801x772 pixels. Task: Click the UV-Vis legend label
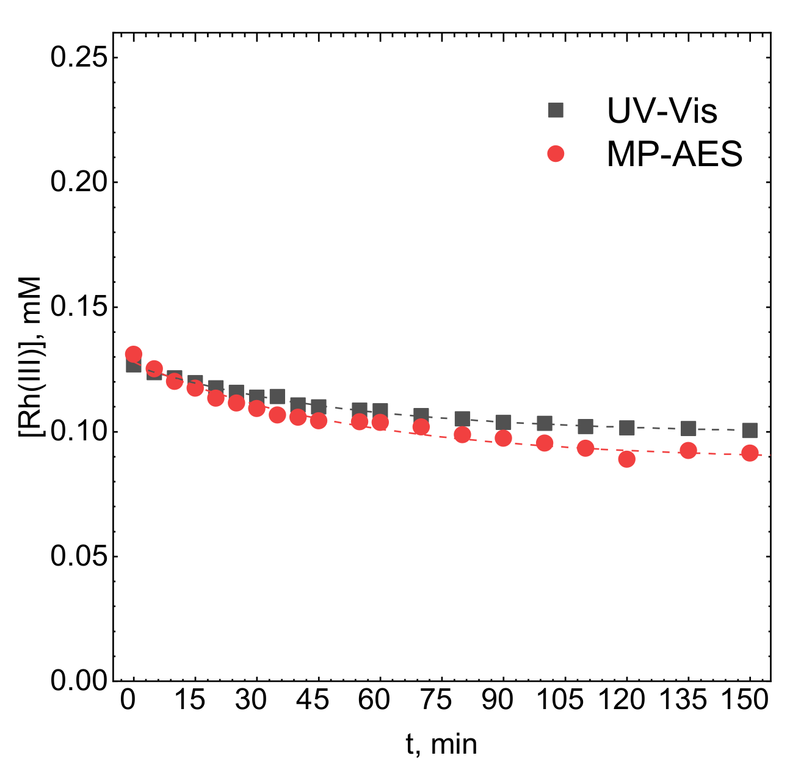pos(662,111)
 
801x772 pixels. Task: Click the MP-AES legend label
pos(674,155)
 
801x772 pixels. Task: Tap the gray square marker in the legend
pos(556,110)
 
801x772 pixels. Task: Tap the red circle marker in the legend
pos(556,154)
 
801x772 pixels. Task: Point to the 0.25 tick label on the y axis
pos(78,57)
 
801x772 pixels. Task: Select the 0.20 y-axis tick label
pos(78,182)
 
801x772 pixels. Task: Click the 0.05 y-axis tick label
pos(78,556)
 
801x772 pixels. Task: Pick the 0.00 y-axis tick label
pos(78,680)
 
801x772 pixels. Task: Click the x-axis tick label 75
pos(436,700)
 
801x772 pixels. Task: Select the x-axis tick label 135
pos(683,700)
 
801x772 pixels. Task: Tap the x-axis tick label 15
pos(189,700)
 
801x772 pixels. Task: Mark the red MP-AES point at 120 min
pos(626,459)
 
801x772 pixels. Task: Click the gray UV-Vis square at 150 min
pos(750,431)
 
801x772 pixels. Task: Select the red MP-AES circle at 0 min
pos(134,354)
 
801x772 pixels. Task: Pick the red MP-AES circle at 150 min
pos(750,453)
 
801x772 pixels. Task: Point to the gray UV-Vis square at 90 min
pos(503,422)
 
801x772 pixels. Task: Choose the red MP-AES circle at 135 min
pos(688,451)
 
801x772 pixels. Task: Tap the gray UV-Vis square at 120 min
pos(626,428)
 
